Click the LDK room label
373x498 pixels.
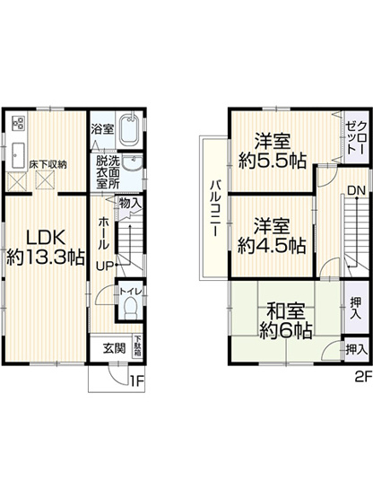coord(45,248)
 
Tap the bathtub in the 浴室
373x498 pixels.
coord(130,128)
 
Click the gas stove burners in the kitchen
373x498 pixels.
coord(18,123)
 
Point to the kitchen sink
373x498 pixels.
coord(18,155)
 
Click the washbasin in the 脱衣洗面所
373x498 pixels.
coord(133,163)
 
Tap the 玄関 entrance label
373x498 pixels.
coord(114,348)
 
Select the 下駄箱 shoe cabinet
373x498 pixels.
coord(138,345)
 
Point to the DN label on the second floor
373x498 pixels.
coord(357,190)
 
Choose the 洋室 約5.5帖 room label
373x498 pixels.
coord(273,151)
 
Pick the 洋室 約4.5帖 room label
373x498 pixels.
coord(272,236)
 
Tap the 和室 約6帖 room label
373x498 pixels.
coord(286,321)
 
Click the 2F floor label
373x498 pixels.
coord(363,377)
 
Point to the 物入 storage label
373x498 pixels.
coord(130,204)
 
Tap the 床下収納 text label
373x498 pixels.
coord(48,165)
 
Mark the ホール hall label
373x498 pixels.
coord(103,233)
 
